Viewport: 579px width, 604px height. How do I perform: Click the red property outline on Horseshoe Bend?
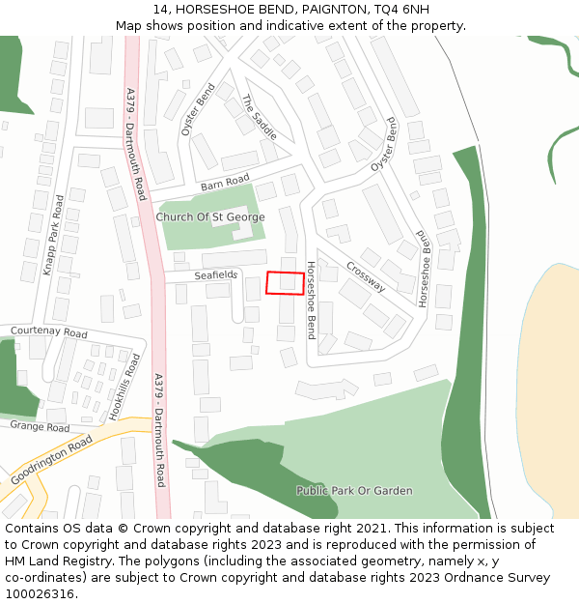point(285,283)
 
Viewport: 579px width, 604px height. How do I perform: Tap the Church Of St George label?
point(209,217)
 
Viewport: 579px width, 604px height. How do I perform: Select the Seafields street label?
point(215,275)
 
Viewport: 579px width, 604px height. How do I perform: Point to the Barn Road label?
point(225,182)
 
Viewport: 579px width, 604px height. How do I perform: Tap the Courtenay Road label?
point(48,332)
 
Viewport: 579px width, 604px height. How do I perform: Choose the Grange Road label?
point(40,426)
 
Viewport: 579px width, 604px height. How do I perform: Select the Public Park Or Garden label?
point(354,491)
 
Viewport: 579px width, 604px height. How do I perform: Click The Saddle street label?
point(259,117)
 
